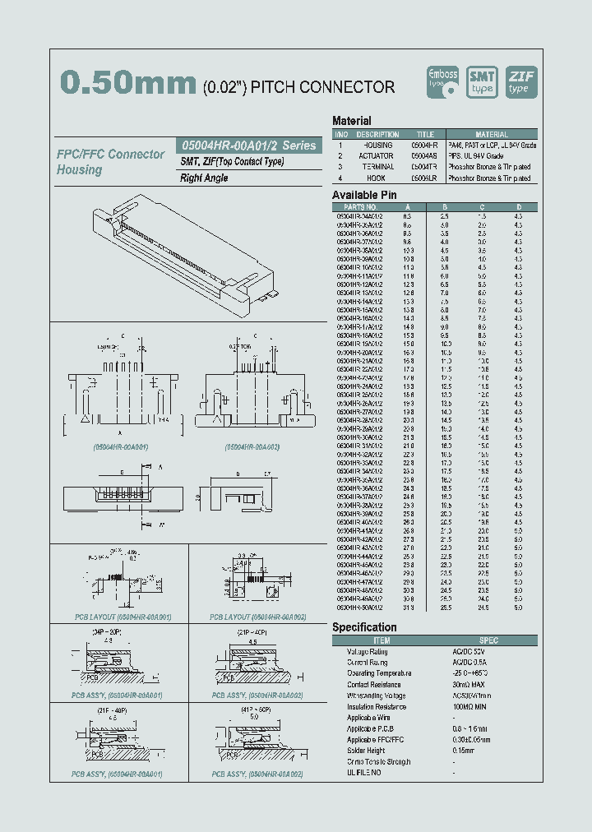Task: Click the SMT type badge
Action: point(482,81)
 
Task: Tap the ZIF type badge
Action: point(520,81)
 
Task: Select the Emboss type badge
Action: point(444,81)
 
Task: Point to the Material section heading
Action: point(352,121)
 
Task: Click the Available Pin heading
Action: point(364,195)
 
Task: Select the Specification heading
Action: point(364,627)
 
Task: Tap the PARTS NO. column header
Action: point(362,206)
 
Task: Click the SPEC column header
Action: point(488,640)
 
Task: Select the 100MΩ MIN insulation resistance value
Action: point(472,706)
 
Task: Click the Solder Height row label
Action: point(367,751)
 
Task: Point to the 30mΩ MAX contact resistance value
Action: point(469,684)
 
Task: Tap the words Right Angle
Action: point(204,178)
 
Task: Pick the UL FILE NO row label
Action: point(364,773)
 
